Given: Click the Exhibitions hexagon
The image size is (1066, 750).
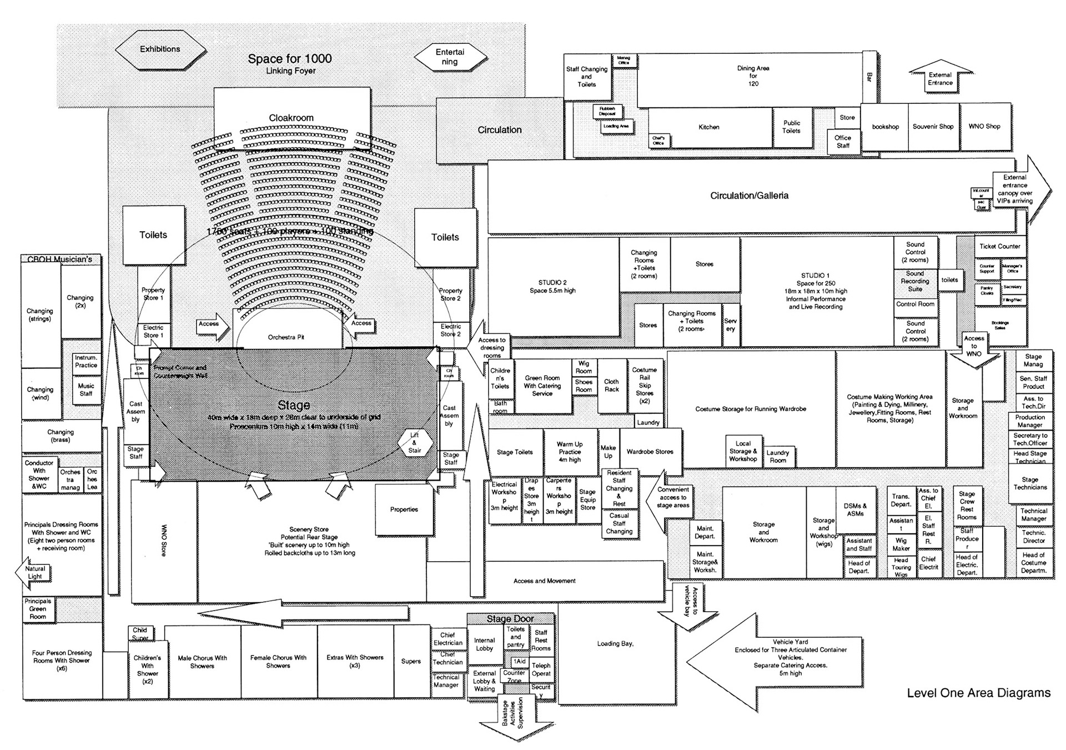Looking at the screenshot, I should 160,49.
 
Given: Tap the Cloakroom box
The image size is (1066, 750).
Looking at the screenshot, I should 291,117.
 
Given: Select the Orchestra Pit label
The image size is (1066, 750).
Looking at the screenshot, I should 286,337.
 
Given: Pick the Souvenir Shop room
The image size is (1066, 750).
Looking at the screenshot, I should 933,127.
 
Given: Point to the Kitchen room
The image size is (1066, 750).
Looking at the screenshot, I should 709,127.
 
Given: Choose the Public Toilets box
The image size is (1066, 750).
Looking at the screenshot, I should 792,127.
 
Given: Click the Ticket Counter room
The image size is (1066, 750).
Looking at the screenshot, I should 999,246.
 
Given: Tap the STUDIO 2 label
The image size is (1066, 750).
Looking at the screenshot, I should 552,287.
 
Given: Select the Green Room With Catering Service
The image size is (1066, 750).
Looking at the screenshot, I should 542,386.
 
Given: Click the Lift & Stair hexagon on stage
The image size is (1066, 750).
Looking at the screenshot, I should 415,443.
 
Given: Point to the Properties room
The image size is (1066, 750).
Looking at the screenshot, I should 404,509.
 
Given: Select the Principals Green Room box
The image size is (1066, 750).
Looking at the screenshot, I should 38,609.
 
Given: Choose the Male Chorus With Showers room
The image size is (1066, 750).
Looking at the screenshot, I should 202,662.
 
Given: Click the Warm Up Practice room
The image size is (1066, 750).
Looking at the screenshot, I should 570,452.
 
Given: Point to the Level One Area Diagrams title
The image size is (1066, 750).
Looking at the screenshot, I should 978,693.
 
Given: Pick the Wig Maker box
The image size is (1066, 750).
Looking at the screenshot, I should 901,544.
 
